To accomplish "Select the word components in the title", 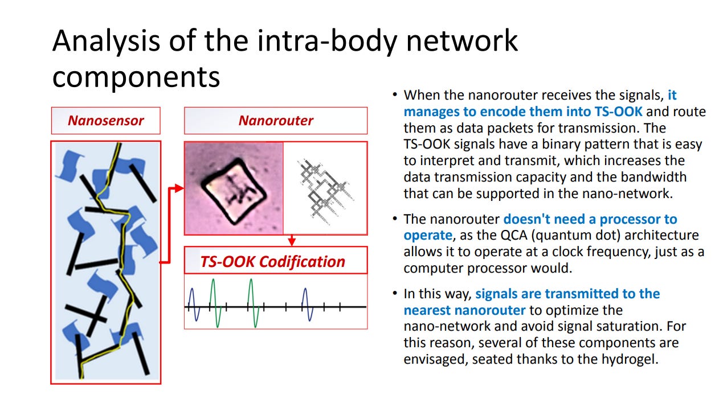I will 136,77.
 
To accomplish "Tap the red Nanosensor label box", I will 105,121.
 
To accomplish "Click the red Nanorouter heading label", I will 275,121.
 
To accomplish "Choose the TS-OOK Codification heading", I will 272,261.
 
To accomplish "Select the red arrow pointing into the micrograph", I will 178,188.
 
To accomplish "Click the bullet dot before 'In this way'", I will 395,294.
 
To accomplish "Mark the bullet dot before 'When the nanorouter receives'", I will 395,96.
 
